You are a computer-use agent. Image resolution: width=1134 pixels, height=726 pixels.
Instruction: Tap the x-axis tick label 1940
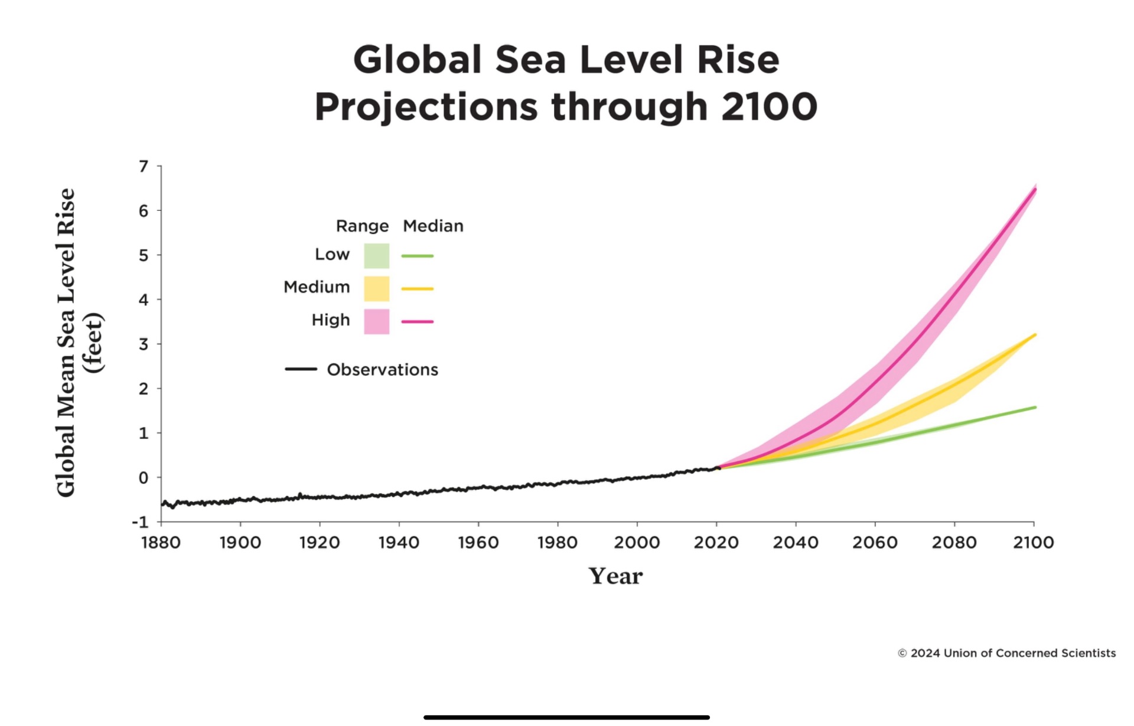(399, 542)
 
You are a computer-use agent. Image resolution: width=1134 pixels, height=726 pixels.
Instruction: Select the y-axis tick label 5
(144, 255)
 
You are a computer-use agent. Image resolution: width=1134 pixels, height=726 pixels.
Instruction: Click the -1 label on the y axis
(140, 522)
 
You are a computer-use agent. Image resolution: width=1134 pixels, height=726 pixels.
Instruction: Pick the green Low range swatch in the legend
(376, 256)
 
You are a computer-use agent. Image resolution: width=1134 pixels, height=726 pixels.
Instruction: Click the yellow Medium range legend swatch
(376, 289)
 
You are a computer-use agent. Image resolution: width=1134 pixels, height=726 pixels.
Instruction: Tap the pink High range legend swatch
(376, 322)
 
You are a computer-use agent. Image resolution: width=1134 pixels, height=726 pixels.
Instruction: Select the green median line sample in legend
(418, 256)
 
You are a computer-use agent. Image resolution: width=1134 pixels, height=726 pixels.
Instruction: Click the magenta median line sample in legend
(418, 322)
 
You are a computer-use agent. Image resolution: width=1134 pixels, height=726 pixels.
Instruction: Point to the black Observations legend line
(301, 369)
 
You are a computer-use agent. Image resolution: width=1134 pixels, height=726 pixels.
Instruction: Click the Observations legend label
(382, 370)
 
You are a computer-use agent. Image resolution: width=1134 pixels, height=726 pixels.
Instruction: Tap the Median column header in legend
(433, 226)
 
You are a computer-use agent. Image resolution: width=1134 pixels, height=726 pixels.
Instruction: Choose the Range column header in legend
(362, 226)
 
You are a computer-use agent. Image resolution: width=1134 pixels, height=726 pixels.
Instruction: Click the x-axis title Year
(615, 576)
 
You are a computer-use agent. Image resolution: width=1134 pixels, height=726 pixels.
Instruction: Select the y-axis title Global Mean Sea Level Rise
(66, 343)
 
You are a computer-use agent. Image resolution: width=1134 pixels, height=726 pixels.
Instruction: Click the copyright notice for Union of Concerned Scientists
(1006, 653)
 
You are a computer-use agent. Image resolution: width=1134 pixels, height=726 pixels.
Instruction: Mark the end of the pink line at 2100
(1035, 190)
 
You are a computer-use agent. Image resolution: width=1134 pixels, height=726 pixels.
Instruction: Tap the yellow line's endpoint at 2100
(1035, 335)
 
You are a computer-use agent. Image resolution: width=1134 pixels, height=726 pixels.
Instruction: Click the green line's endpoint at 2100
(1035, 407)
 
